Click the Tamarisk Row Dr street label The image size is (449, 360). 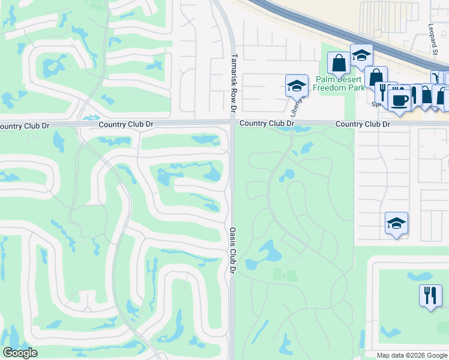(234, 83)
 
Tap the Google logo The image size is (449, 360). (20, 353)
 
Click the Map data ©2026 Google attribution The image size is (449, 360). (412, 355)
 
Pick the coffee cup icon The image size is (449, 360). (399, 99)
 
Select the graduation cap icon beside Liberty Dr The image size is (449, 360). (297, 85)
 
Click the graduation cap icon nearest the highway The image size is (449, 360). (361, 55)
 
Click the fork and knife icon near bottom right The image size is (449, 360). (430, 295)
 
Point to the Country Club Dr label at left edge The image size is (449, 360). (24, 126)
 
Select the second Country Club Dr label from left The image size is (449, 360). (126, 124)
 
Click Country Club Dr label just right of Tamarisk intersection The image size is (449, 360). (267, 124)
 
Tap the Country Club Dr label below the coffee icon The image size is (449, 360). (363, 124)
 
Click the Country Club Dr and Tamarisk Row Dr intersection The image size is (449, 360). (232, 123)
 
